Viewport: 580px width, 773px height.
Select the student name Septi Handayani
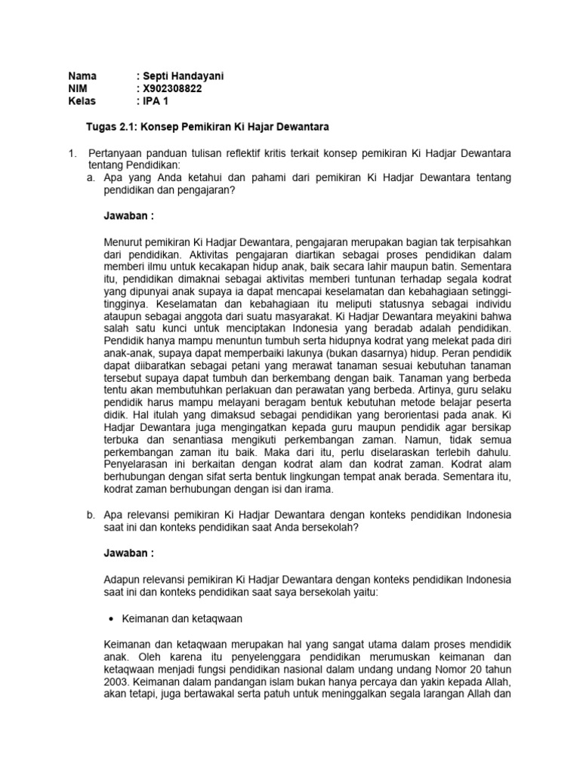(x=182, y=76)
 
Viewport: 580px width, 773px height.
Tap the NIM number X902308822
(x=171, y=88)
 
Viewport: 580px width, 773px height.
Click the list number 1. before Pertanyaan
(x=72, y=153)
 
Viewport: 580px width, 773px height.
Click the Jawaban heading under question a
(x=128, y=215)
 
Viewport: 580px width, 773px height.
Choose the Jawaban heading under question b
(x=128, y=553)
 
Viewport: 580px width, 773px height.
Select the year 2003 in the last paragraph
(x=116, y=680)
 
